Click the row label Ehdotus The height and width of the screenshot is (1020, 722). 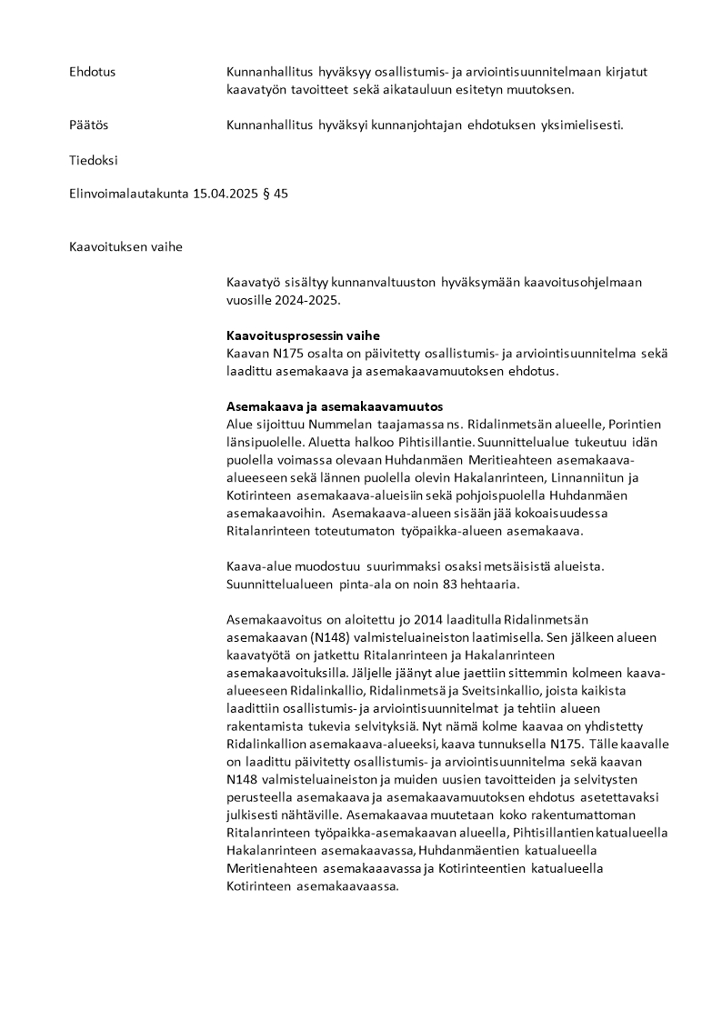click(92, 72)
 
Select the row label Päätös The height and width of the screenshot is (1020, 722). click(88, 125)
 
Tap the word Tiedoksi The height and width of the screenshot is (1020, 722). click(93, 160)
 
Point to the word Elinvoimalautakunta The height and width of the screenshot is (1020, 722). click(128, 194)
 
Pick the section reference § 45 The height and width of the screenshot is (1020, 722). click(276, 194)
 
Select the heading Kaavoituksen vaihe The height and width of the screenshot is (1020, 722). click(125, 246)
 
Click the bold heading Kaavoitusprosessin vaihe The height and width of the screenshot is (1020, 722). click(303, 335)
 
